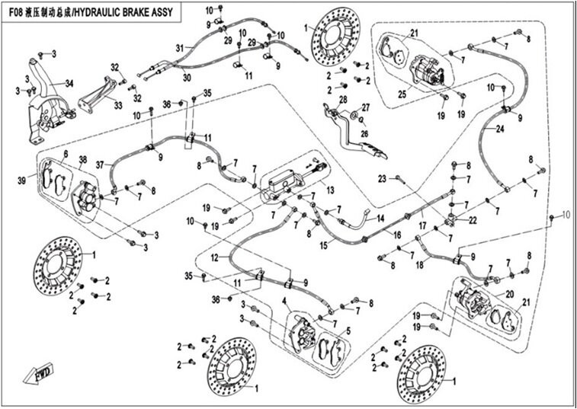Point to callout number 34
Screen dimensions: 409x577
69,83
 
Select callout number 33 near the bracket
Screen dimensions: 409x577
118,106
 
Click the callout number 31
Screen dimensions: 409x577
179,48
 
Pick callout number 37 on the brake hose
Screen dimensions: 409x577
99,165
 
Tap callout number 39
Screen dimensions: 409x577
33,180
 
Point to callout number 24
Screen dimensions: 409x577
500,129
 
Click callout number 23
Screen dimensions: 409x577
382,178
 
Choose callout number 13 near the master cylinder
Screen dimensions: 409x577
330,190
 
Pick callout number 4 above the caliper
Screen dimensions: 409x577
285,302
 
